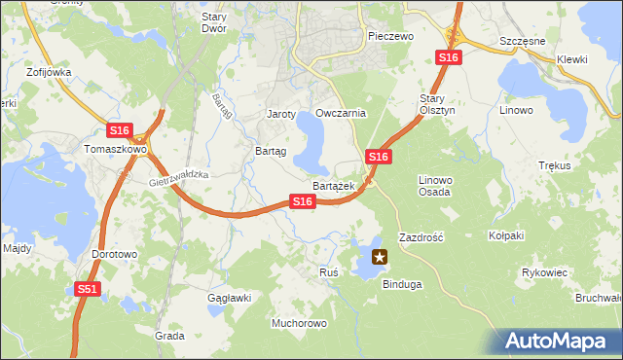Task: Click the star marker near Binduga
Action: (380, 258)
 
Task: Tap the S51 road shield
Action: (88, 289)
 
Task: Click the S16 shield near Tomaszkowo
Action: (120, 130)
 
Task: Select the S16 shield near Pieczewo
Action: (448, 58)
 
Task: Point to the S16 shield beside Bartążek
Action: (303, 201)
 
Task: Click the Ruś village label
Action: (328, 272)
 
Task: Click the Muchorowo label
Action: (299, 322)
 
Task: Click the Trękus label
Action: (553, 165)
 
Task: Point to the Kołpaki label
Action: (506, 235)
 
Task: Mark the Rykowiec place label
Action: (544, 272)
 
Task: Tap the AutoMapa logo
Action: (557, 342)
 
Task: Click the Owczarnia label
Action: (341, 113)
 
